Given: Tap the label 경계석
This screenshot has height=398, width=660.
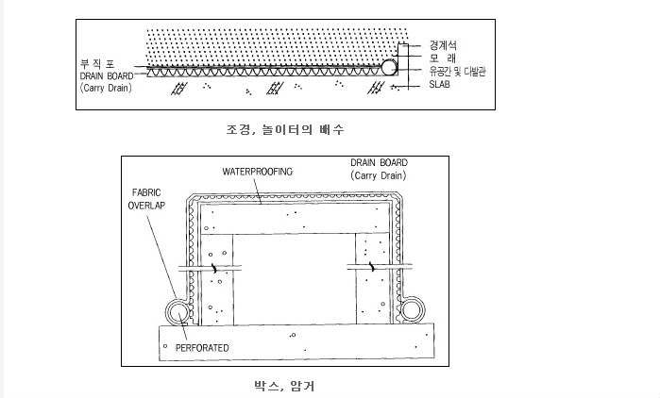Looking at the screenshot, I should tap(443, 43).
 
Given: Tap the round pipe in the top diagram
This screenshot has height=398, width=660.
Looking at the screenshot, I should tap(388, 66).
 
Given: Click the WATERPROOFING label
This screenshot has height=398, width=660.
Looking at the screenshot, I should tap(257, 172).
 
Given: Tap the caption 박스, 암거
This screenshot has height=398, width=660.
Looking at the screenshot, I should tap(277, 385).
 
